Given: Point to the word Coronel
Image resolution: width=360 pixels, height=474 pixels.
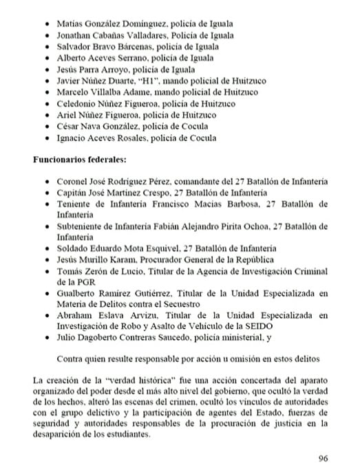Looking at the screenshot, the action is tap(71, 182).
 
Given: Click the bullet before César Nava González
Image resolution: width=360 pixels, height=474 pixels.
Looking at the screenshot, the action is tap(45, 127).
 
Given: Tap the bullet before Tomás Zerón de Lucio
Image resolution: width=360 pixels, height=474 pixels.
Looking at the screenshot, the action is tap(45, 271).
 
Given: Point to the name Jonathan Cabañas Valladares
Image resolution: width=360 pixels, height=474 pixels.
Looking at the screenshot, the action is tap(108, 34).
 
